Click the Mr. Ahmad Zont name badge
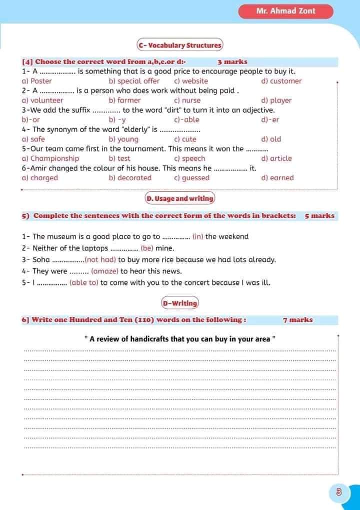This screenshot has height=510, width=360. pos(285,11)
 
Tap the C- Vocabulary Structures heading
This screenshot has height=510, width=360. pos(179,45)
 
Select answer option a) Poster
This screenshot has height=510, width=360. pos(37,81)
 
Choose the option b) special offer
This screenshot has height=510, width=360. pos(134,81)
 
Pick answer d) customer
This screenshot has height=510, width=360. pos(281,81)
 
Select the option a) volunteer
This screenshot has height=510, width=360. pos(42,100)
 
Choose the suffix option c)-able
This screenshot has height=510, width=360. pos(186,120)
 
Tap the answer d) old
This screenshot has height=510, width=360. pos(271,139)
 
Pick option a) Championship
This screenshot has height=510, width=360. pos(50,158)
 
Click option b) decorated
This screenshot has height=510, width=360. pos(130,178)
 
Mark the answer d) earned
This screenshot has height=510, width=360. pos(277,178)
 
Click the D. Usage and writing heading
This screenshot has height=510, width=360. pos(179,198)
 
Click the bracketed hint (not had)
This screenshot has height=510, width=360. pos(100,260)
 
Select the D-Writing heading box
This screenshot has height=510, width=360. pos(179,303)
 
